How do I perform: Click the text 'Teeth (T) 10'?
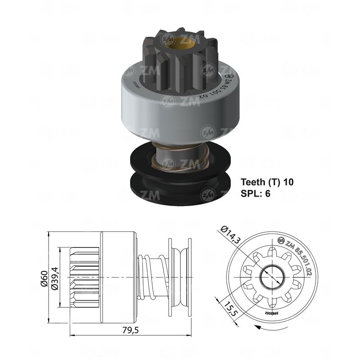pos(267,182)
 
